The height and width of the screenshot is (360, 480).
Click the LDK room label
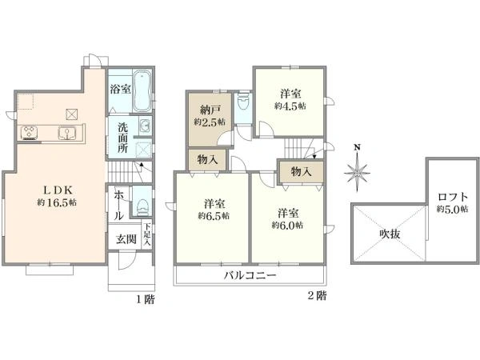tap(57, 190)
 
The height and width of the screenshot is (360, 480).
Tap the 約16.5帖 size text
tap(57, 203)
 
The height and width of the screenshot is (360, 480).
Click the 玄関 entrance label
tap(126, 238)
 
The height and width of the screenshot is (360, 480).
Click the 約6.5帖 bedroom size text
tap(213, 216)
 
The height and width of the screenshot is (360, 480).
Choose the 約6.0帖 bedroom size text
tap(288, 226)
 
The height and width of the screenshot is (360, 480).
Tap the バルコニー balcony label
tap(250, 275)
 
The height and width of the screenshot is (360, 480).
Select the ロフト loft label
tap(453, 196)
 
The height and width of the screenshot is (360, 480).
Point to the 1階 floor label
tap(144, 299)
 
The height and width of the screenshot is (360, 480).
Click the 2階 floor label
tap(316, 295)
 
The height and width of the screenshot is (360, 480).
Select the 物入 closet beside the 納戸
tap(207, 160)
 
